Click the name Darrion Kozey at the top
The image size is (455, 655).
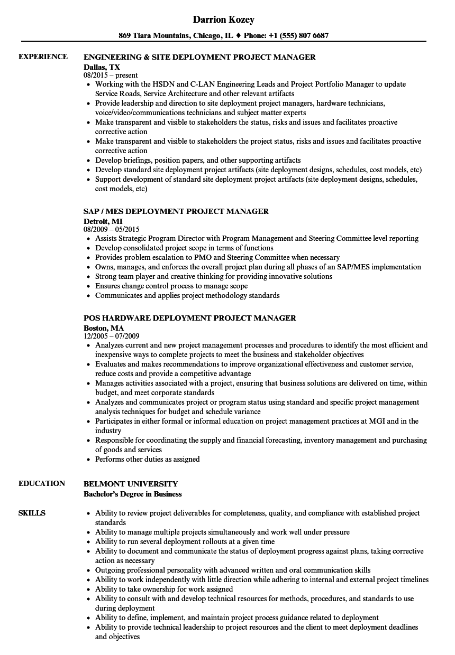224,20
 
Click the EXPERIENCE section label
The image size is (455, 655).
43,57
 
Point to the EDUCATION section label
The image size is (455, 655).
42,483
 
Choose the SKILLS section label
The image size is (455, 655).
32,513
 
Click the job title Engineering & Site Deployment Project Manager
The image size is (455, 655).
199,57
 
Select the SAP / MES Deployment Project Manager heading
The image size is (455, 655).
176,211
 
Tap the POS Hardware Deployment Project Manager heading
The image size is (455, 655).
190,318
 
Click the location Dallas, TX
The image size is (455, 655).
102,67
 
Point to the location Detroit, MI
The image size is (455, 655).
103,221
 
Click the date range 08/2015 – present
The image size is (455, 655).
111,76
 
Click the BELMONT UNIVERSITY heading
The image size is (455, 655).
131,484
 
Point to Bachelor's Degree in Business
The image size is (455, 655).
133,494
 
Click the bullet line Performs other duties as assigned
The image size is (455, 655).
147,459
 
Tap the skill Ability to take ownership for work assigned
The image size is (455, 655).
164,589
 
